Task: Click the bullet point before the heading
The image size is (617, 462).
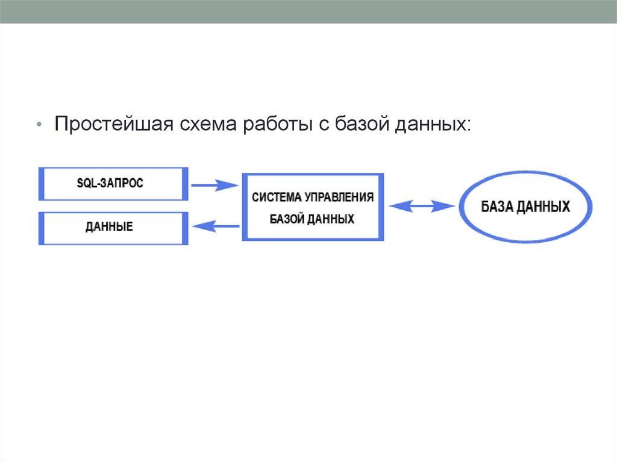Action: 39,125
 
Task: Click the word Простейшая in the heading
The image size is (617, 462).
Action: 114,124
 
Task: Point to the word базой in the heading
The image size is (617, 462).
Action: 362,123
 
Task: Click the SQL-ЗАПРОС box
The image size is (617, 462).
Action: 113,184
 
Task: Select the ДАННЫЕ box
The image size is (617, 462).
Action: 113,228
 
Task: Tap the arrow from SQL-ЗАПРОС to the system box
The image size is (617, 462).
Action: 215,185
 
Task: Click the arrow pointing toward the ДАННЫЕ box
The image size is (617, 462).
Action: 216,226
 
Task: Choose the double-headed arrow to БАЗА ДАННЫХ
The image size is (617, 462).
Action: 421,206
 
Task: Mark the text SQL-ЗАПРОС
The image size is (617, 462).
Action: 110,183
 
